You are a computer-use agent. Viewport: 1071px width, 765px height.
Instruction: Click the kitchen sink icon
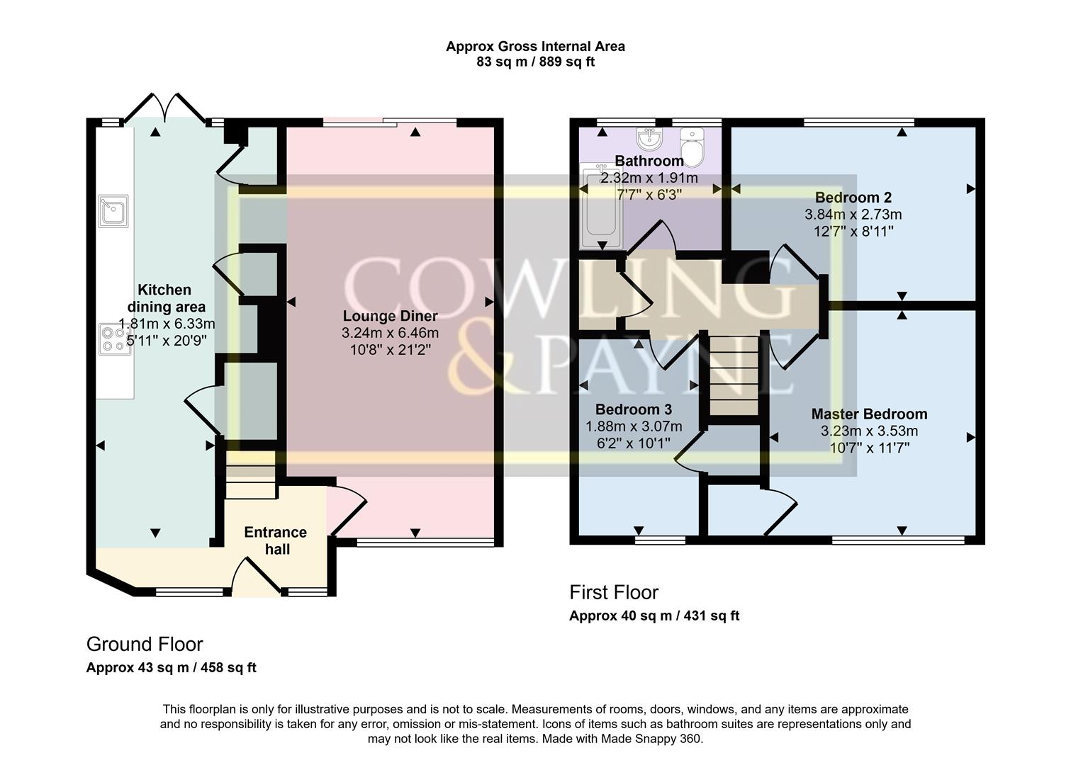113,210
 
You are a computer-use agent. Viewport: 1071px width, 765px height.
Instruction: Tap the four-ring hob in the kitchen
114,339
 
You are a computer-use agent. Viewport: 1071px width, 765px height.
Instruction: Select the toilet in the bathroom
690,146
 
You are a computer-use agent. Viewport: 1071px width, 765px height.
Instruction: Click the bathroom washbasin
648,137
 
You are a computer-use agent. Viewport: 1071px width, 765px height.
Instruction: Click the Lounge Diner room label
390,316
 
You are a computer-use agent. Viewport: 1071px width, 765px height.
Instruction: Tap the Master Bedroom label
869,414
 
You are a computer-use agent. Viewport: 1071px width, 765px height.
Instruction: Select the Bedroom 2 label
853,197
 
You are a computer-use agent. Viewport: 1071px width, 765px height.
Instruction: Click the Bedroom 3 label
633,409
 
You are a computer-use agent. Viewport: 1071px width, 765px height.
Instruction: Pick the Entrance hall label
276,540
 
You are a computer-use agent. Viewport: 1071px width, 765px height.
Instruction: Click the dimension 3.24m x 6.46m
390,333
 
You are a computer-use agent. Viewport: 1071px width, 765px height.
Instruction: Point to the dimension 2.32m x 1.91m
649,178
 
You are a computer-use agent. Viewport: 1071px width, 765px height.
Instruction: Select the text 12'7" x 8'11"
853,231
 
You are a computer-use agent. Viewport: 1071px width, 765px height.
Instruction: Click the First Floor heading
614,592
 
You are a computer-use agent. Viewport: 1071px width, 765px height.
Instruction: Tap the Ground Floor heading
145,644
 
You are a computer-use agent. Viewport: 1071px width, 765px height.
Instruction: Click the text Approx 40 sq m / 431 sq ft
654,616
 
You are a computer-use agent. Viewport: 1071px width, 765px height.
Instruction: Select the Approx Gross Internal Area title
535,47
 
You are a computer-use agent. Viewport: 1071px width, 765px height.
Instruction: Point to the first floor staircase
734,375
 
